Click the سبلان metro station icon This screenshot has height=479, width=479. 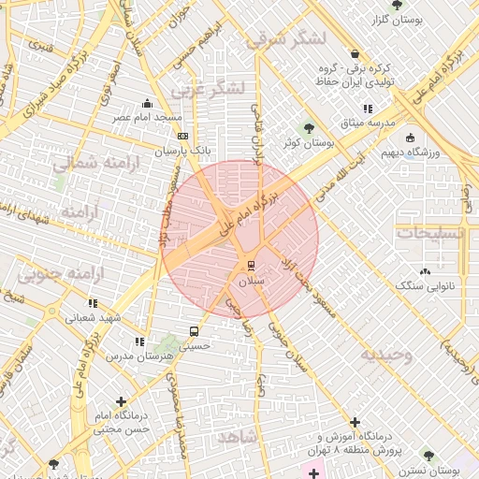[249, 266]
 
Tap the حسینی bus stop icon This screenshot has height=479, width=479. [194, 331]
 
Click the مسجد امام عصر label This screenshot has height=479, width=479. [147, 118]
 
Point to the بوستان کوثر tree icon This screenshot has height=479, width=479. [310, 128]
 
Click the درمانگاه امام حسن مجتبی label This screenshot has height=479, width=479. [121, 422]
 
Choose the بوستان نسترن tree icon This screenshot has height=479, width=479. [428, 456]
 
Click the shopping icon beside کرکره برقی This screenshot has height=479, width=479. [355, 53]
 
